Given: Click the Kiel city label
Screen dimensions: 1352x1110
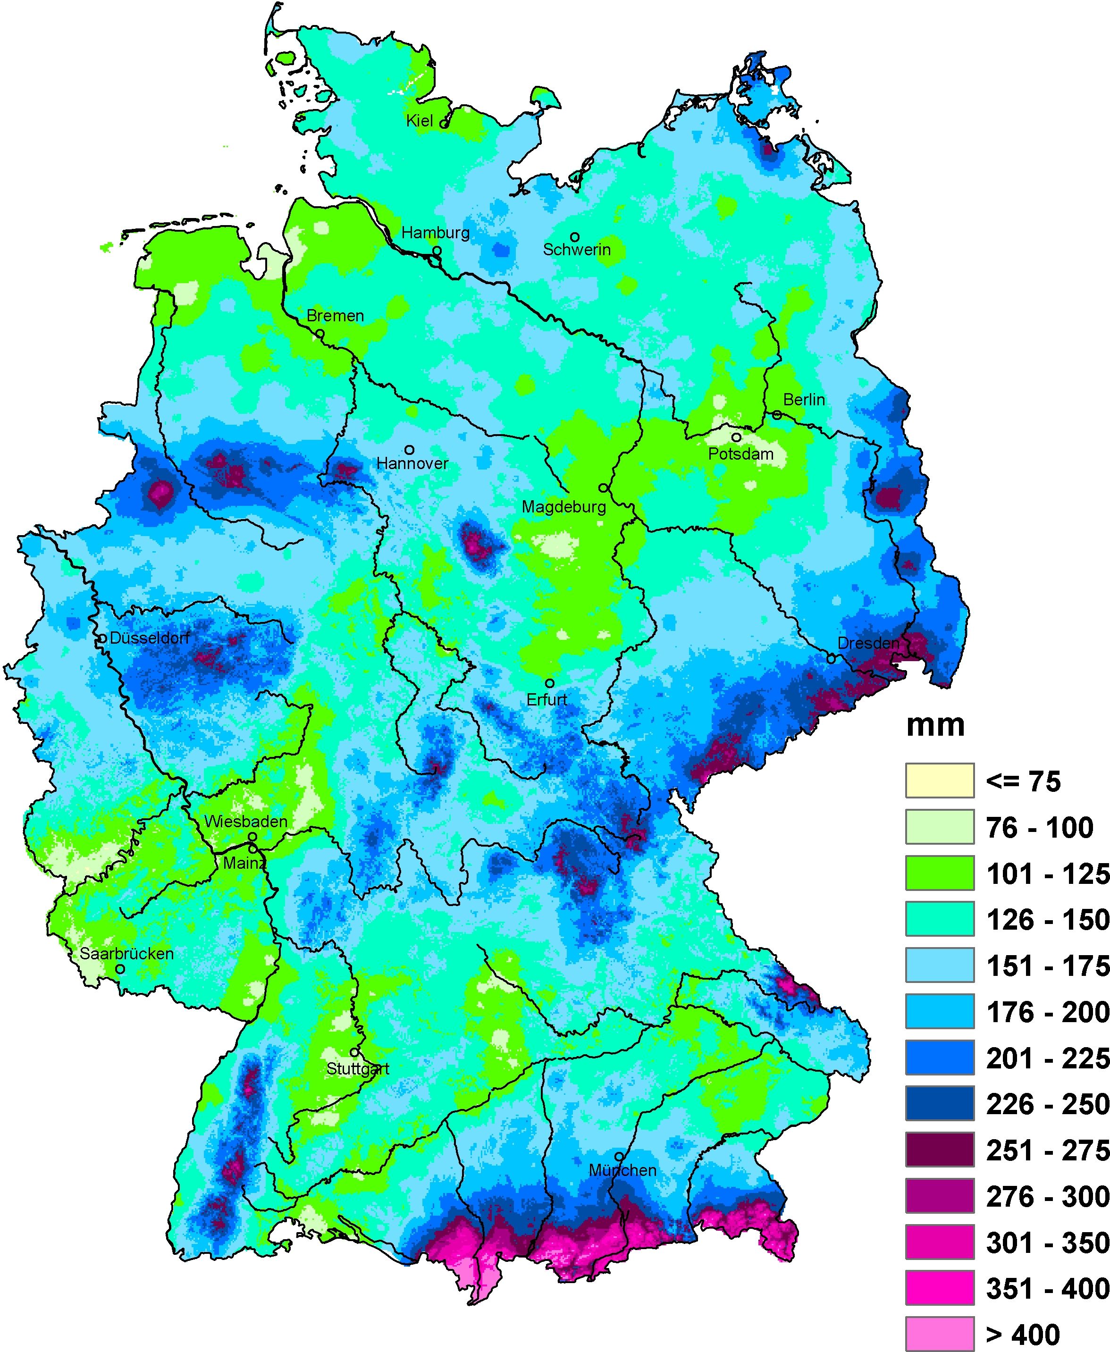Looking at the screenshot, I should tap(420, 121).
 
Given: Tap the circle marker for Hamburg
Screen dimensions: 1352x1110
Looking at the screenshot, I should tap(437, 251).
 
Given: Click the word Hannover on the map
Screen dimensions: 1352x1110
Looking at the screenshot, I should tap(412, 463).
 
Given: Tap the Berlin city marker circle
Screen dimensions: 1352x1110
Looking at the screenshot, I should tap(776, 415).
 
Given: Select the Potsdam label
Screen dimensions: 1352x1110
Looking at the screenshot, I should tap(740, 454).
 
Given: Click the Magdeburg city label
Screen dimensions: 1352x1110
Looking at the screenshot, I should tap(563, 507).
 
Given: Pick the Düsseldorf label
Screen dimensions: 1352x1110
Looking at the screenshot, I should tap(150, 638).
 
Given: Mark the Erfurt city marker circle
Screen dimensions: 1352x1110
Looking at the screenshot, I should tap(549, 683).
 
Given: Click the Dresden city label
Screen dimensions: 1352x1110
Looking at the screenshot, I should tap(868, 643).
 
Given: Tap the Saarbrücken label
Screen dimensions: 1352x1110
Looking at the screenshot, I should tap(126, 953).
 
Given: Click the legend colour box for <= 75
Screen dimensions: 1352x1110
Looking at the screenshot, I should tap(939, 781).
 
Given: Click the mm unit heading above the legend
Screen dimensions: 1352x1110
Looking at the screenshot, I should tap(935, 725).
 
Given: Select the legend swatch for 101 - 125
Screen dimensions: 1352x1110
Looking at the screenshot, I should tap(939, 873).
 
